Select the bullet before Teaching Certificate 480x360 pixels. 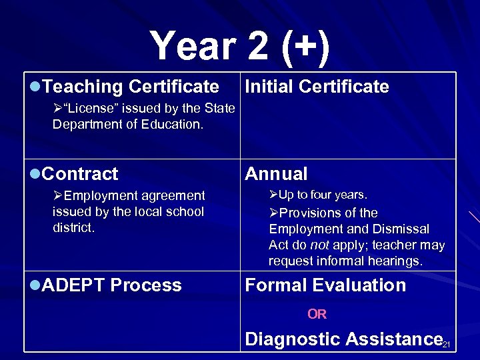(35, 87)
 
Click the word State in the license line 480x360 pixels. (217, 109)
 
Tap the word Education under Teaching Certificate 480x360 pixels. (173, 125)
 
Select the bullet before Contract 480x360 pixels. (35, 174)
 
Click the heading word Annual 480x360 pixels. (276, 174)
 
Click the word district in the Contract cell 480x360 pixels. (74, 228)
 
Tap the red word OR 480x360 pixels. (317, 314)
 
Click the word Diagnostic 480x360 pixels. (291, 339)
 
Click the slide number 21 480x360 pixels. (447, 344)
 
